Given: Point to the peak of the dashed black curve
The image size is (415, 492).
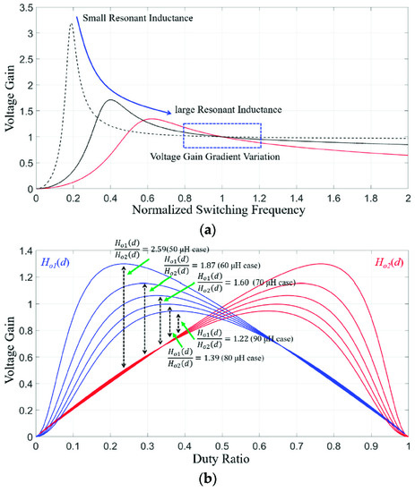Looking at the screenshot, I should click(x=71, y=25).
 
